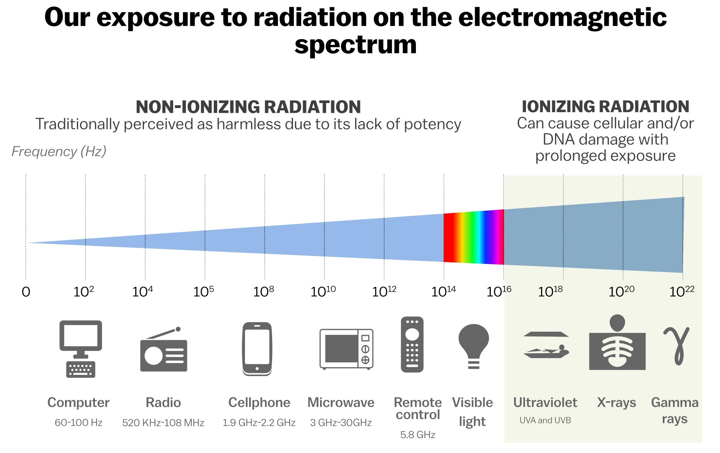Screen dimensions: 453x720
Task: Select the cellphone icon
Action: point(257,348)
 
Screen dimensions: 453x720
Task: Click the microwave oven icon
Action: point(346,349)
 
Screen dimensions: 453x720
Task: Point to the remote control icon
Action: point(412,344)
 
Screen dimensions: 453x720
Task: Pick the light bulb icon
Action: point(473,346)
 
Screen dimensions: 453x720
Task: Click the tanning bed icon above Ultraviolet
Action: point(546,345)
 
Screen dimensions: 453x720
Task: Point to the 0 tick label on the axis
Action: point(26,292)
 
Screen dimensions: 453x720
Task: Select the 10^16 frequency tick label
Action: point(499,291)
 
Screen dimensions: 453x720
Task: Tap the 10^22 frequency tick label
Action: point(682,291)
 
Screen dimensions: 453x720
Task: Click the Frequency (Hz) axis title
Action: point(59,151)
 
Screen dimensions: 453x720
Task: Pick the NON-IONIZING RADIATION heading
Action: point(248,107)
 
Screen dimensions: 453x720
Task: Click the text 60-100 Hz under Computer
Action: point(78,423)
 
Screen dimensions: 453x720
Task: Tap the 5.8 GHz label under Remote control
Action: point(418,435)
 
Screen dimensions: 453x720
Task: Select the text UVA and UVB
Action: point(545,420)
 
